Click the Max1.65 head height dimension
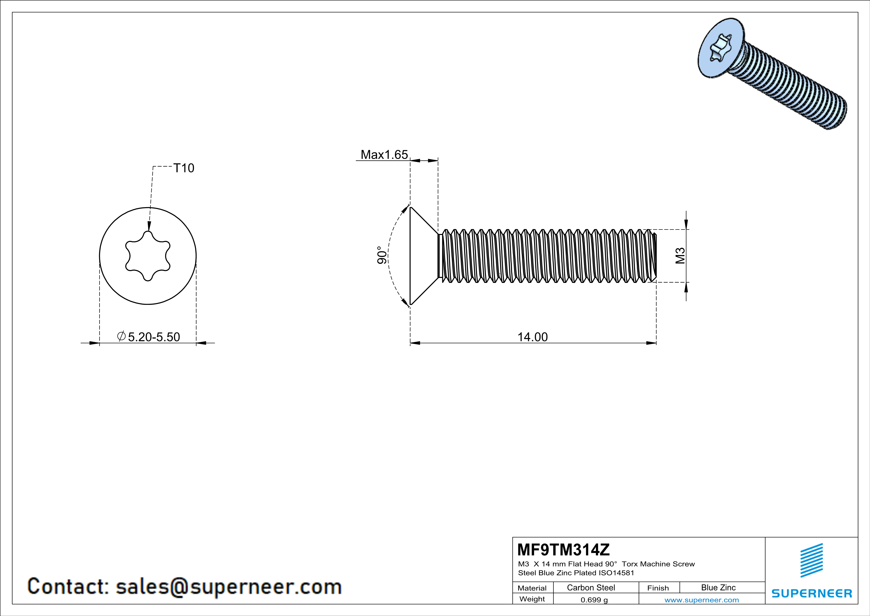point(384,154)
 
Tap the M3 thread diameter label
point(680,256)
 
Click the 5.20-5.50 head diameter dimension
point(154,337)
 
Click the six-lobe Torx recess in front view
point(148,256)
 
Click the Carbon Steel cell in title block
point(591,587)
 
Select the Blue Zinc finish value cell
point(718,587)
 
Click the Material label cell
point(532,588)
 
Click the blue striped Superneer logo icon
point(811,560)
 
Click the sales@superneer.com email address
point(228,586)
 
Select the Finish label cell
point(658,588)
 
